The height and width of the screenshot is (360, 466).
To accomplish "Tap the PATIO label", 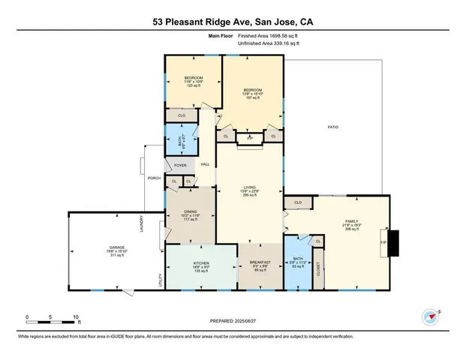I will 332,127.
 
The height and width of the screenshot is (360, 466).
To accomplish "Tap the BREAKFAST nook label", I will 259,262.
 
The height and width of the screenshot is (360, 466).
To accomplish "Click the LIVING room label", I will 249,189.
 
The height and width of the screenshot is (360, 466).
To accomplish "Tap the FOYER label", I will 180,165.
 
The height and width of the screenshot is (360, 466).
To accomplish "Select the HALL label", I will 204,164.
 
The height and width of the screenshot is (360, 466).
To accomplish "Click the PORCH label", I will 154,178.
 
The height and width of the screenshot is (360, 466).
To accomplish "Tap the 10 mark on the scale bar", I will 75,317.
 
